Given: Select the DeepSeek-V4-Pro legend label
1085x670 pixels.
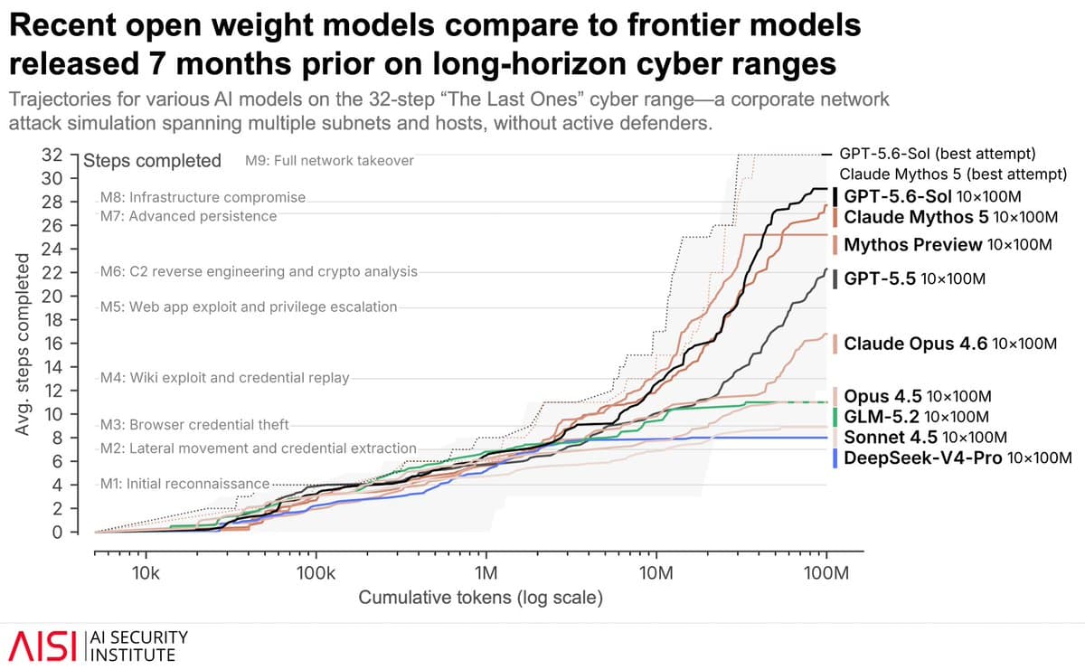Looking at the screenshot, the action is click(958, 458).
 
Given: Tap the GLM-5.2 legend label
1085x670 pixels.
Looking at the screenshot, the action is click(917, 417).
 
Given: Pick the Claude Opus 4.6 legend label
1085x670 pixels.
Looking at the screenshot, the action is click(950, 344).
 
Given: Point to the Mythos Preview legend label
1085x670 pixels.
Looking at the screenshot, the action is click(948, 245).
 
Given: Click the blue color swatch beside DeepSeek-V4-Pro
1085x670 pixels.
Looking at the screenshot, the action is click(835, 458).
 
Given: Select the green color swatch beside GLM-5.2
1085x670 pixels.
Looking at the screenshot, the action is click(835, 417).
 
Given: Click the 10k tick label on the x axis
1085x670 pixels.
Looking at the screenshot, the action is click(146, 573).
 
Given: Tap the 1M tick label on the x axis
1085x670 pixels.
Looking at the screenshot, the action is click(486, 573).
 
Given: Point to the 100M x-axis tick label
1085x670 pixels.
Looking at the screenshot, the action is click(826, 573).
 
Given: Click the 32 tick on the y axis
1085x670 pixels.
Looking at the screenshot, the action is click(52, 155).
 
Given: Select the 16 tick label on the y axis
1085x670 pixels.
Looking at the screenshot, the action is click(52, 344).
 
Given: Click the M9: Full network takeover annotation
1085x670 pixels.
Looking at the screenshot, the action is click(329, 161).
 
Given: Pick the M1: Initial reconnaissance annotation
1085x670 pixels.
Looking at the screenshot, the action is click(184, 484).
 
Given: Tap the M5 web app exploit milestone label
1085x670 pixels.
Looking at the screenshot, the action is click(249, 307).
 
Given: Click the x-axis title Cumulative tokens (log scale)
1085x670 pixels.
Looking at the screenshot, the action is click(480, 598).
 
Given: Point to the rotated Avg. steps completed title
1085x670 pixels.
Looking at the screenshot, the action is click(22, 344).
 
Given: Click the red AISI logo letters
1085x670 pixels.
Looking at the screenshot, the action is click(42, 646).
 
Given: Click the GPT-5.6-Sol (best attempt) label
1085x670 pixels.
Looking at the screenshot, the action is click(938, 154).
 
